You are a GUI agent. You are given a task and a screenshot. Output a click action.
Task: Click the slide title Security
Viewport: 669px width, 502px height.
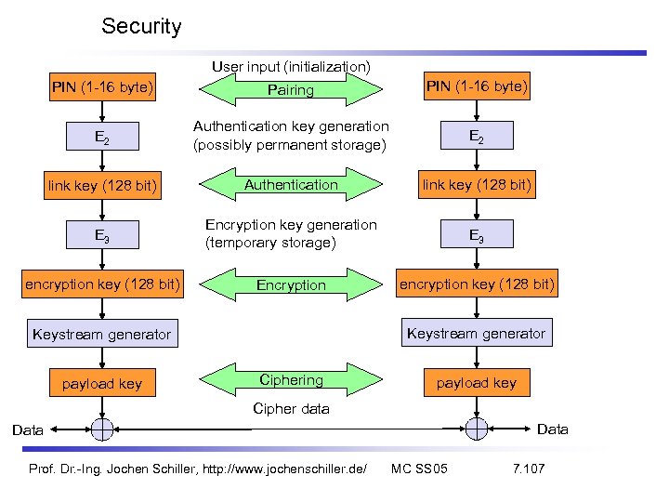click(141, 26)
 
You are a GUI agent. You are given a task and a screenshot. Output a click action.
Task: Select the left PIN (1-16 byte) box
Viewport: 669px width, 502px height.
click(102, 88)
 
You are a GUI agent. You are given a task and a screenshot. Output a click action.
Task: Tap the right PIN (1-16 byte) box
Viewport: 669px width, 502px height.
click(477, 87)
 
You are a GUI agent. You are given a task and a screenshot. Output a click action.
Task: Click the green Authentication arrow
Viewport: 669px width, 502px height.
click(291, 185)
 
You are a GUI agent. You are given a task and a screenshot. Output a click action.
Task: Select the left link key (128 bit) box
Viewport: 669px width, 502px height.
click(102, 187)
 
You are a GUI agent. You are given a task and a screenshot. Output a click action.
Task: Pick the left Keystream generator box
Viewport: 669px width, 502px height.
click(102, 334)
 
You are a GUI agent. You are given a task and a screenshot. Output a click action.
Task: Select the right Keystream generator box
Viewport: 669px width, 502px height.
click(477, 333)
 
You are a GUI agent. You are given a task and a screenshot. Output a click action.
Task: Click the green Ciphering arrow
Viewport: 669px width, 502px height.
click(291, 380)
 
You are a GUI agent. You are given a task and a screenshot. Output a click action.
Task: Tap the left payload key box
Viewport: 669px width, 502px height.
click(102, 383)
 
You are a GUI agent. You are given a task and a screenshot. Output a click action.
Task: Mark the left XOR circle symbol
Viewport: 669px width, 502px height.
click(102, 429)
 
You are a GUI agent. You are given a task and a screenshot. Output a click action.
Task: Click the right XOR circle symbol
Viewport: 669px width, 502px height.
click(477, 428)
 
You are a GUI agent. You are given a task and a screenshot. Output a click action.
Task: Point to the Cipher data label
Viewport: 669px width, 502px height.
click(291, 409)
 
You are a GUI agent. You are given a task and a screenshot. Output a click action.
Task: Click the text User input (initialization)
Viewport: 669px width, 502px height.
click(291, 67)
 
